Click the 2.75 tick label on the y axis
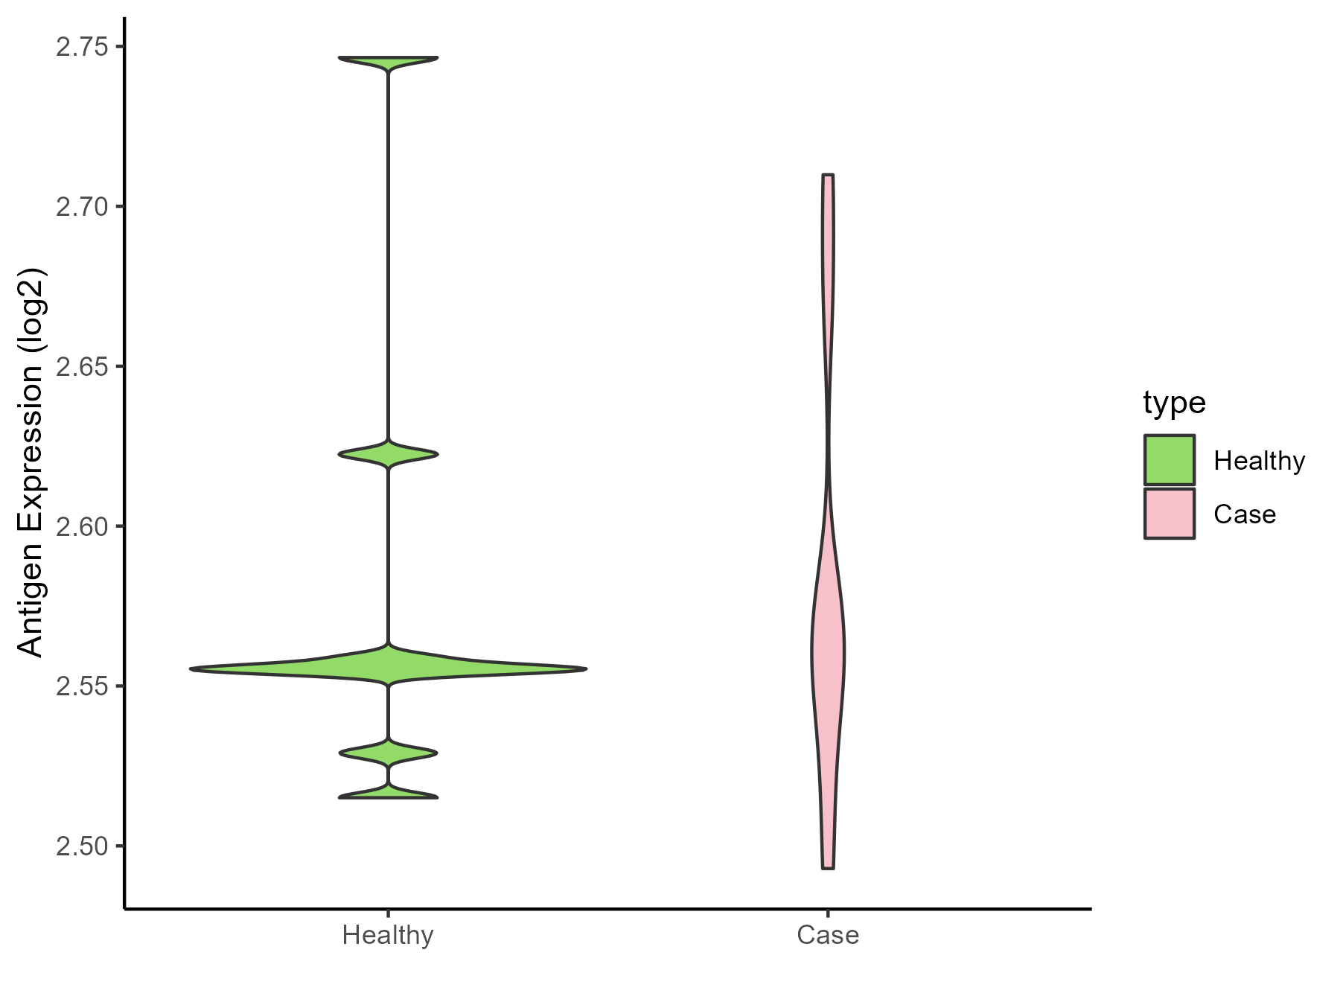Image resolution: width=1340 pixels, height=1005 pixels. [x=81, y=47]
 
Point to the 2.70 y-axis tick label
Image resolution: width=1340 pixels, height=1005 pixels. [x=81, y=206]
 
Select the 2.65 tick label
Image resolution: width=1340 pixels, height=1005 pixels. [x=81, y=366]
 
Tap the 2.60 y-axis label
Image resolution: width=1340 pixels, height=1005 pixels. [x=81, y=526]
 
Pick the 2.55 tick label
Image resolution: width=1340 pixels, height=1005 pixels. [x=81, y=686]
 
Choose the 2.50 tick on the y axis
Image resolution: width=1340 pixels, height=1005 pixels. [x=81, y=846]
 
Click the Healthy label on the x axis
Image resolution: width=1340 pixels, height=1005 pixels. [x=388, y=935]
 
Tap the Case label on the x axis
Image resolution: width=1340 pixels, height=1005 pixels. [x=828, y=935]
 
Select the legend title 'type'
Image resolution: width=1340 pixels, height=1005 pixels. [x=1174, y=403]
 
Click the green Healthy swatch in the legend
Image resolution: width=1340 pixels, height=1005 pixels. [x=1170, y=460]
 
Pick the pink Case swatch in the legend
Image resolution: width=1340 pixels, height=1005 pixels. [x=1170, y=514]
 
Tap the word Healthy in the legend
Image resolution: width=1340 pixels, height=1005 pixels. [x=1259, y=461]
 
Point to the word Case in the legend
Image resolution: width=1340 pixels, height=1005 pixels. [x=1244, y=514]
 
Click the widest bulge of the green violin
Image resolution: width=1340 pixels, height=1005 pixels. [x=388, y=668]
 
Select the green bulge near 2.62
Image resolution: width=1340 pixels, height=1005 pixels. [x=388, y=454]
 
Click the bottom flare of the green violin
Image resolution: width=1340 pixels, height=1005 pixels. [x=388, y=794]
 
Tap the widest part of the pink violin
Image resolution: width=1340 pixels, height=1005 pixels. [x=828, y=652]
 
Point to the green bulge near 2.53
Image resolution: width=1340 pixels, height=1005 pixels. [x=388, y=753]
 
